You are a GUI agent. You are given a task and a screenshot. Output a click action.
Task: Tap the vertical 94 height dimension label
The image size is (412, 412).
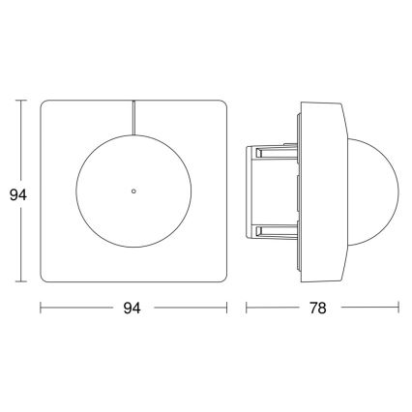pos(13,193)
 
